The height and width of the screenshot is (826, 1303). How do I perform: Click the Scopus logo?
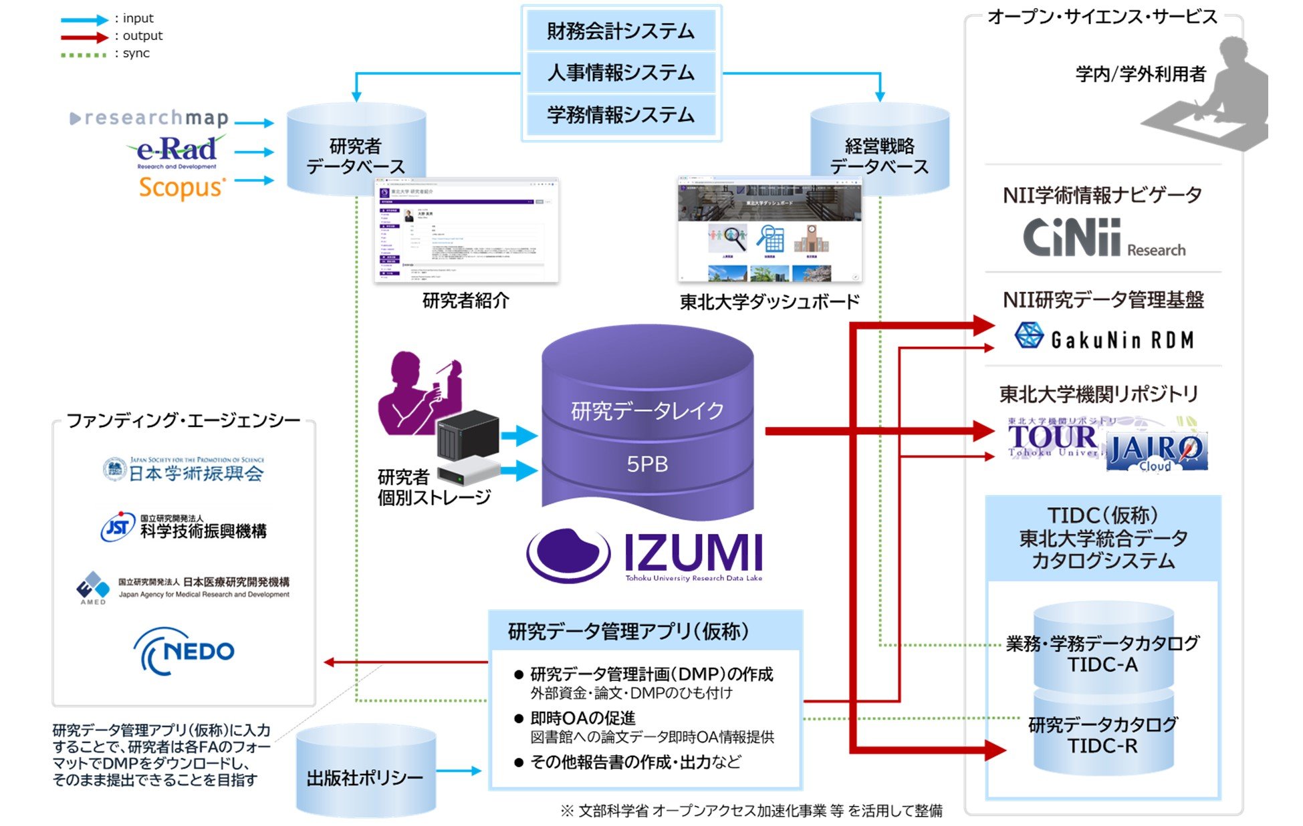[x=181, y=188]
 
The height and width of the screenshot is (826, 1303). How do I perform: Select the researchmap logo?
[x=150, y=118]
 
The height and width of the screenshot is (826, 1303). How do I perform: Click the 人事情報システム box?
[x=620, y=73]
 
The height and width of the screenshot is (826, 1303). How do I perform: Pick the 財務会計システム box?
[x=620, y=31]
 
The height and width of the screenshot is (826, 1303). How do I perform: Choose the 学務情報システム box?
[x=620, y=114]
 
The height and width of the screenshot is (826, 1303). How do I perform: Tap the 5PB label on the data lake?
[x=646, y=464]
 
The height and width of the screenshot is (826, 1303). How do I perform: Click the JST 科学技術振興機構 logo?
[x=184, y=527]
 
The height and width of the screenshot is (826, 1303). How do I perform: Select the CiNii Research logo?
[x=1103, y=239]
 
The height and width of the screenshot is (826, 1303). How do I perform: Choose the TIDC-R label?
[x=1102, y=746]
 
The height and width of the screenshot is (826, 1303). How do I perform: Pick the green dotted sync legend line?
[x=84, y=55]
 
